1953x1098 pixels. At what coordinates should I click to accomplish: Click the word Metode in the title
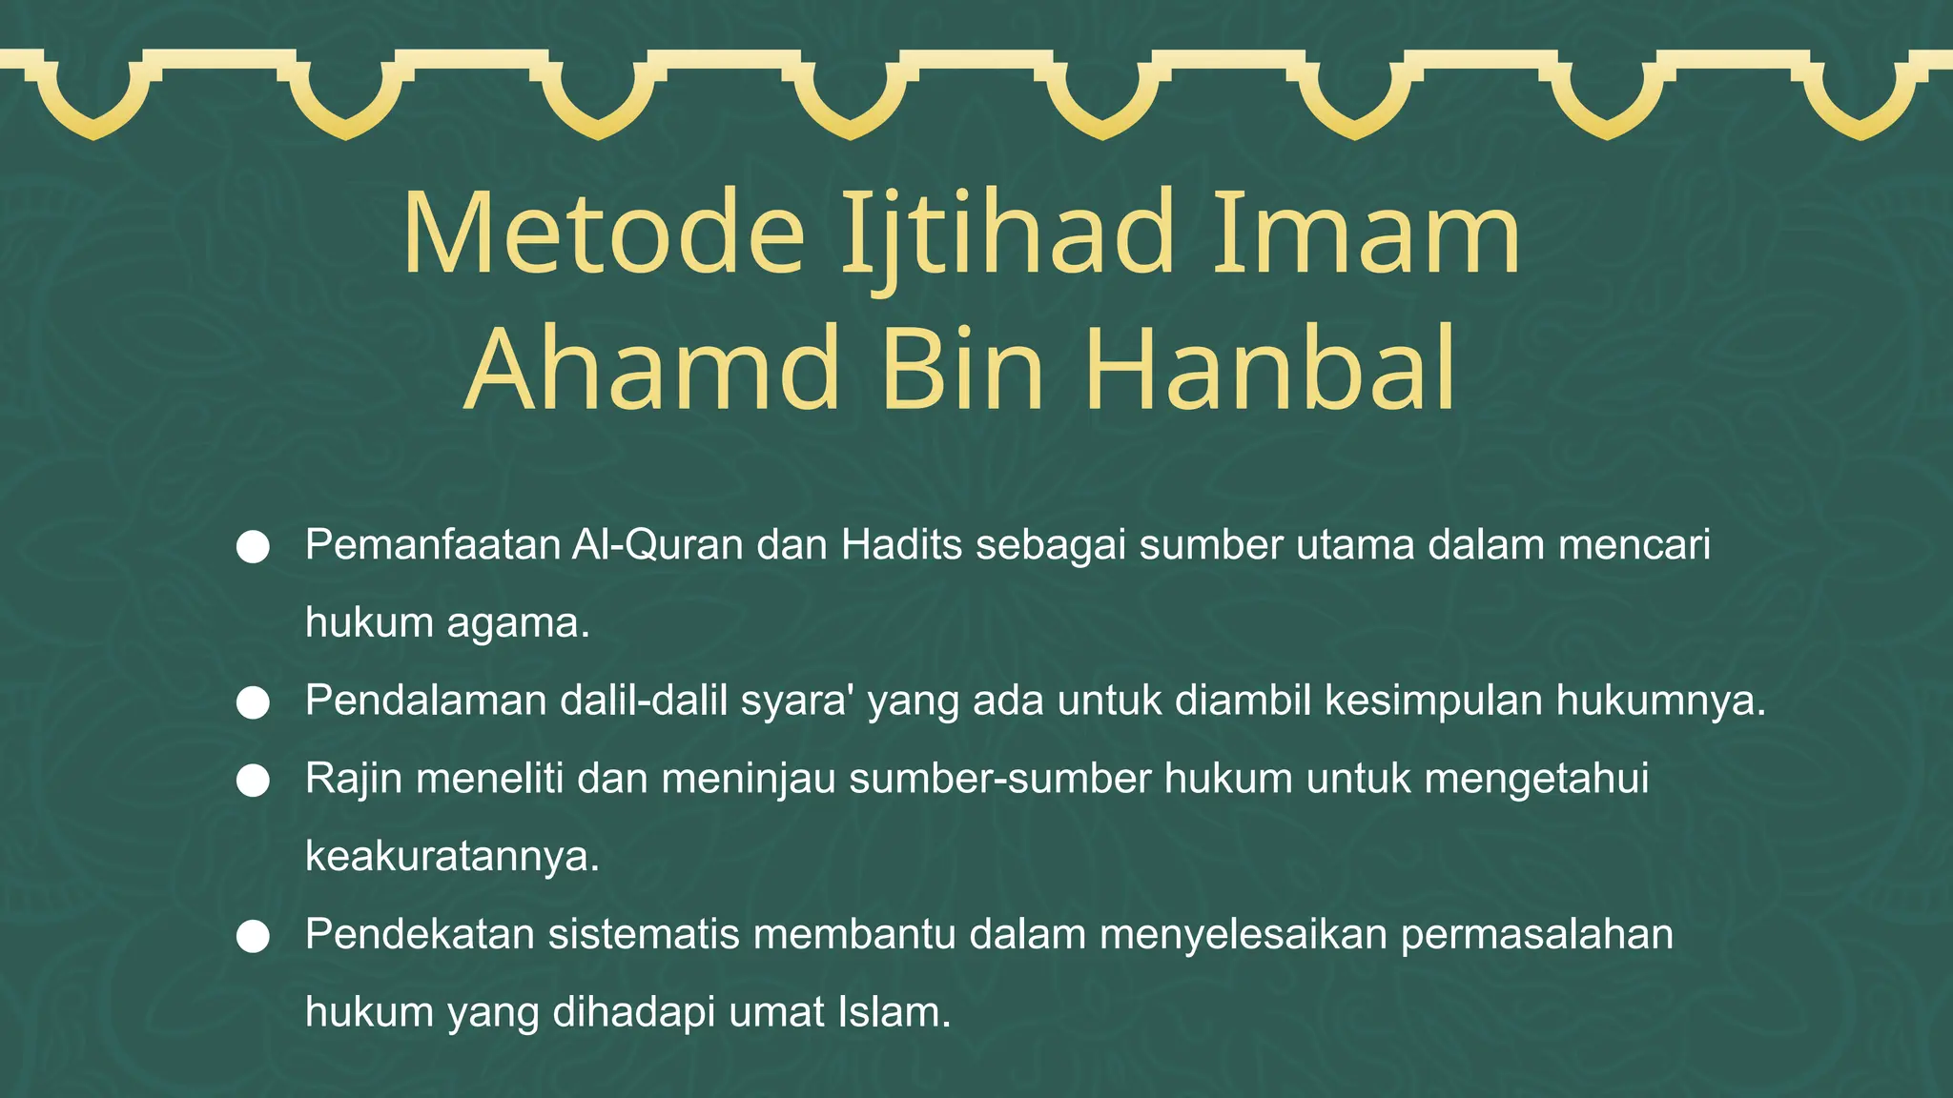pyautogui.click(x=605, y=234)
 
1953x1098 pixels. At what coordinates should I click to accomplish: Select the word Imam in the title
pyautogui.click(x=1366, y=234)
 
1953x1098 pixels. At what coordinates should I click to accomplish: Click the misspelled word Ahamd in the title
pyautogui.click(x=654, y=370)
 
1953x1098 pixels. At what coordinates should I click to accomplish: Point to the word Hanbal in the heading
pyautogui.click(x=1270, y=370)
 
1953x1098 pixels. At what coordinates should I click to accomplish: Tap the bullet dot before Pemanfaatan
pyautogui.click(x=253, y=547)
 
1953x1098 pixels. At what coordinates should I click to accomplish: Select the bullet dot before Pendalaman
pyautogui.click(x=253, y=702)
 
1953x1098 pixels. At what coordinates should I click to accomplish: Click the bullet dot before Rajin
pyautogui.click(x=253, y=781)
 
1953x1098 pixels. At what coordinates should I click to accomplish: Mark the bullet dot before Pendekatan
pyautogui.click(x=253, y=936)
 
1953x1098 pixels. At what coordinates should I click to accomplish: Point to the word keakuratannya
pyautogui.click(x=452, y=857)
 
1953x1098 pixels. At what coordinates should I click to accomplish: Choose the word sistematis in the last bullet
pyautogui.click(x=644, y=935)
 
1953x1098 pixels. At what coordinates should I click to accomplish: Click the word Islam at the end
pyautogui.click(x=894, y=1012)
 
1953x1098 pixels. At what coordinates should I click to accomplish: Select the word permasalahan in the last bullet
pyautogui.click(x=1536, y=935)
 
